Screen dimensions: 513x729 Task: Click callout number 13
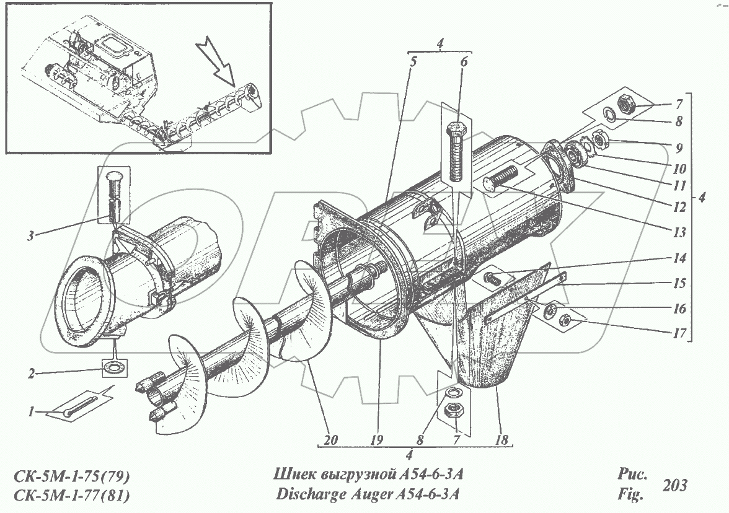[679, 233]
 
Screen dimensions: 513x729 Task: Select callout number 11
[679, 185]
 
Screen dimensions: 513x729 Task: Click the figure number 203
[674, 485]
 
